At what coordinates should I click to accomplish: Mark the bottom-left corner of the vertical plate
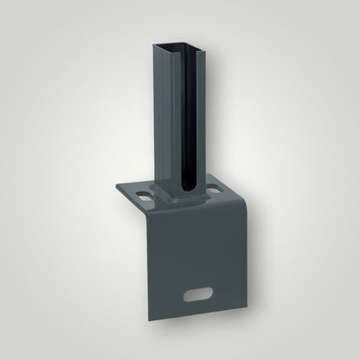point(148,331)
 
